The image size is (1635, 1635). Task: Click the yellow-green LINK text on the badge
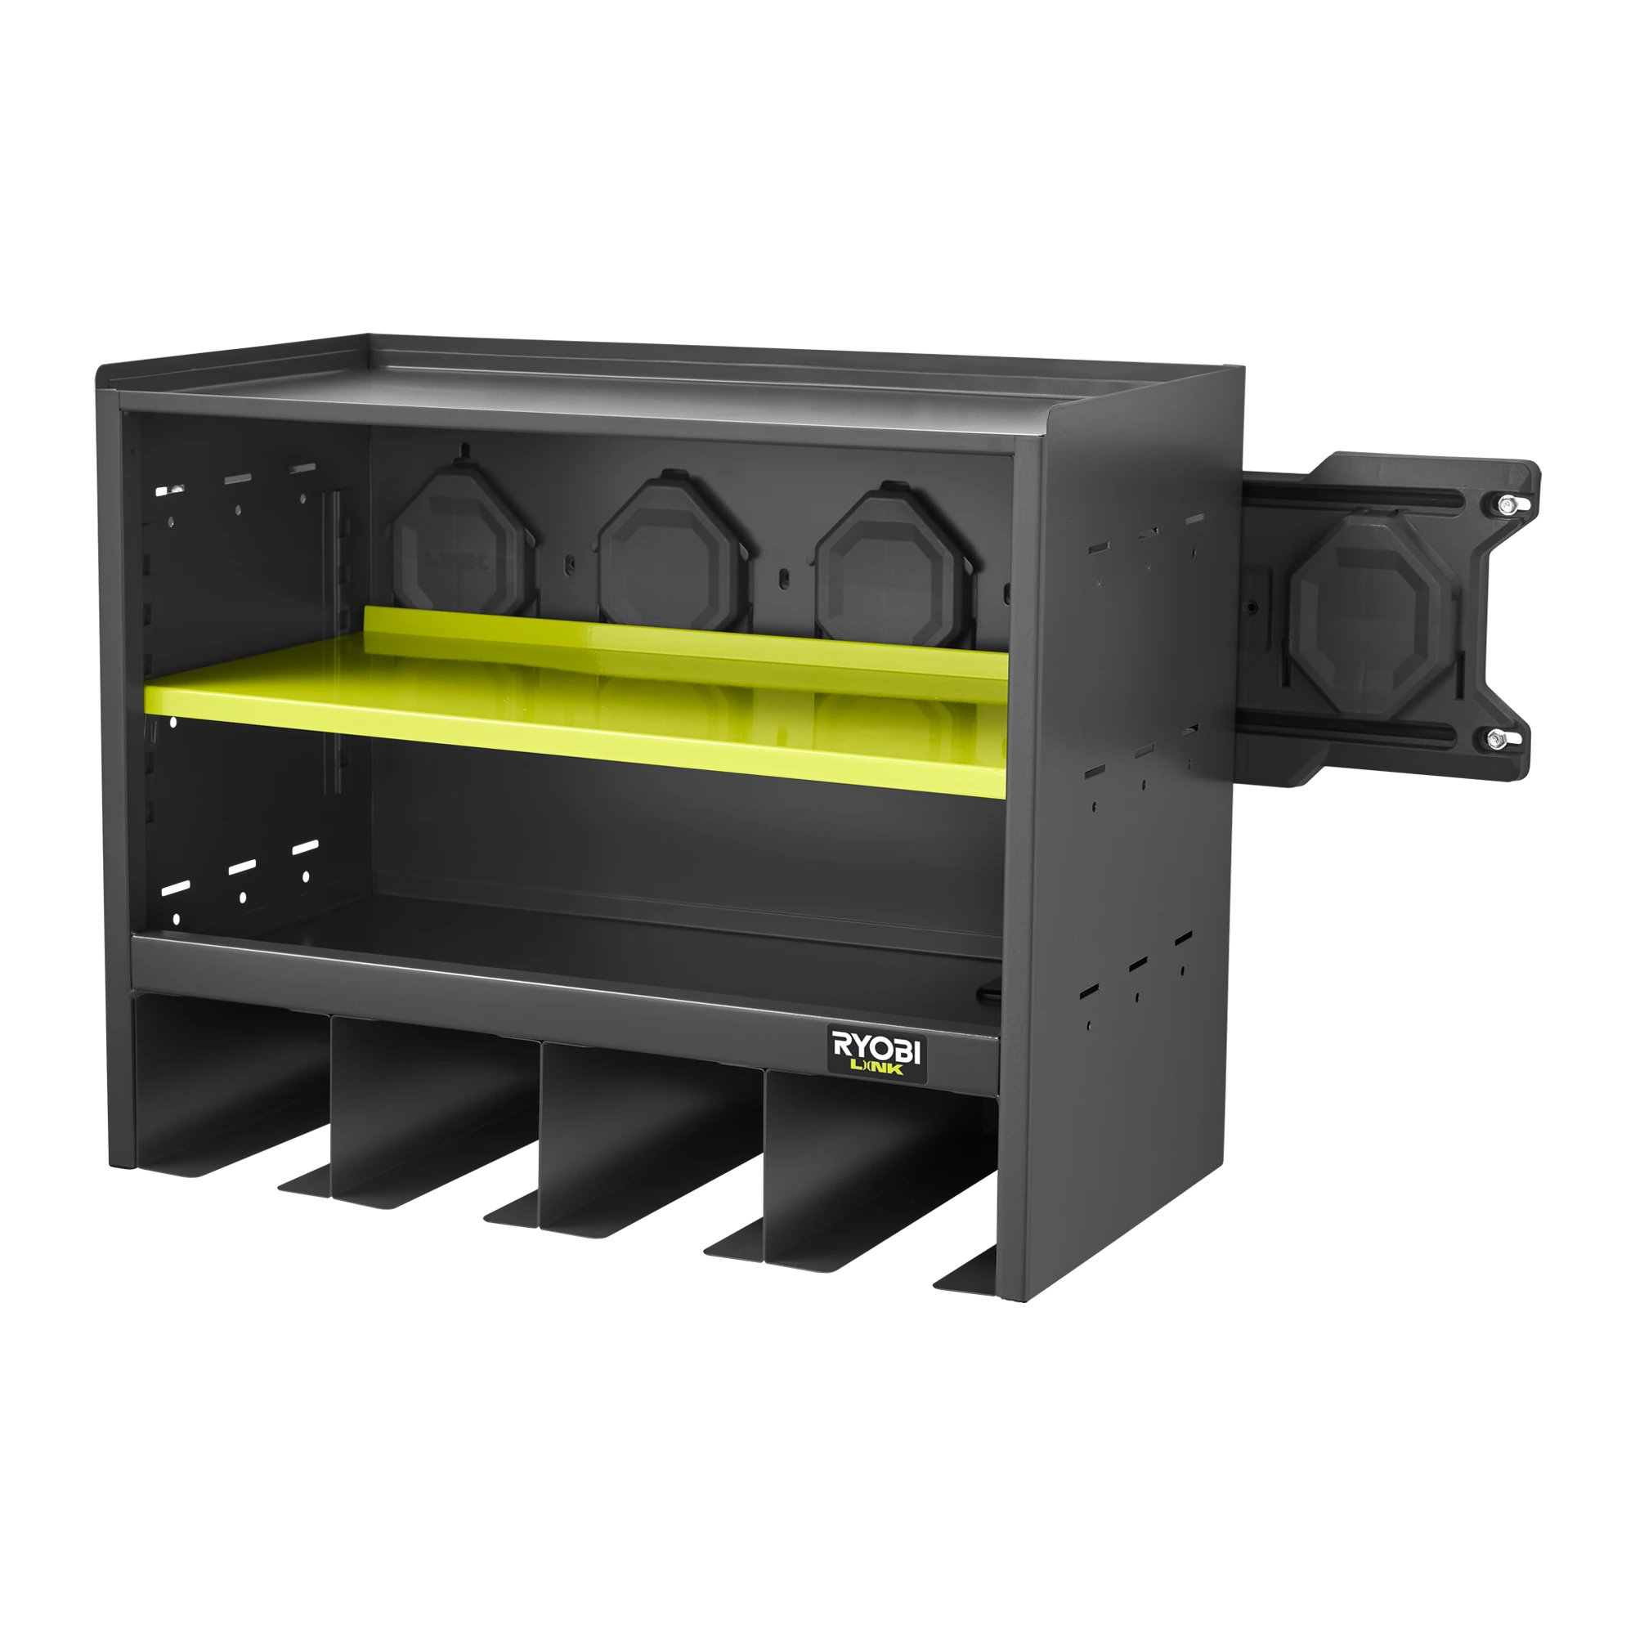pyautogui.click(x=876, y=1068)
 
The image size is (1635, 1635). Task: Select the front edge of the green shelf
pyautogui.click(x=576, y=741)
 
